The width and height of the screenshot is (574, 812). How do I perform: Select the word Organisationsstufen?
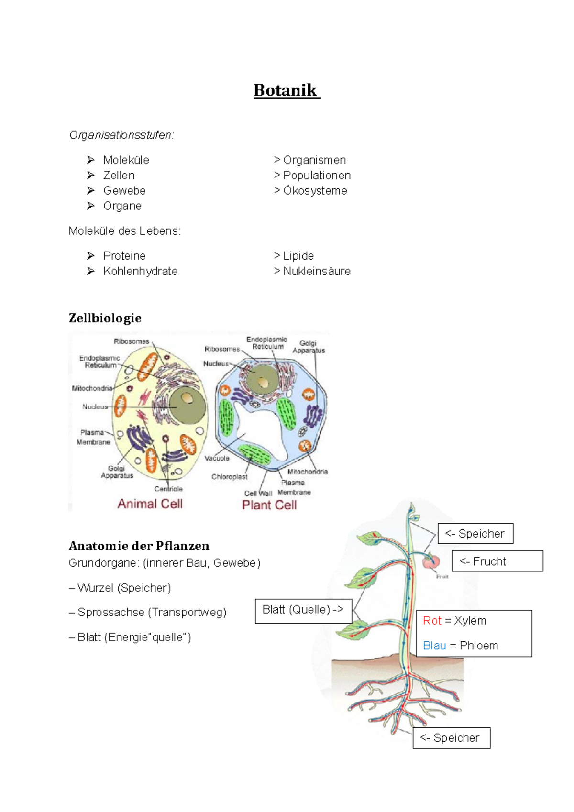(121, 135)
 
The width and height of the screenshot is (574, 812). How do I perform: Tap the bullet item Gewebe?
(124, 190)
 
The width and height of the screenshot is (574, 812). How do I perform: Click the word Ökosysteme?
(315, 190)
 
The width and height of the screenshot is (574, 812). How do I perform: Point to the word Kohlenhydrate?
(140, 271)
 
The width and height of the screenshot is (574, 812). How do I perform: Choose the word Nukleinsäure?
(317, 271)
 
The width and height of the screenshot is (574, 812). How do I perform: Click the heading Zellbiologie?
(105, 318)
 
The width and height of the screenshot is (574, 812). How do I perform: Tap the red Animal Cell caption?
(150, 504)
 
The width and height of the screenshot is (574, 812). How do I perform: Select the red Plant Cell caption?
(269, 505)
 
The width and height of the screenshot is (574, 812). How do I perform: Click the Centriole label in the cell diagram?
(168, 489)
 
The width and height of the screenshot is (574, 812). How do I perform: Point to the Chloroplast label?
(230, 477)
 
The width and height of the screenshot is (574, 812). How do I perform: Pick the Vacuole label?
(217, 458)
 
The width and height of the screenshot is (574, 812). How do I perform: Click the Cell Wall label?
(258, 494)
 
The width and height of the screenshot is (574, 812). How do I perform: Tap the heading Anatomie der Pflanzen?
(139, 546)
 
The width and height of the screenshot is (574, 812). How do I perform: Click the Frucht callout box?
(497, 561)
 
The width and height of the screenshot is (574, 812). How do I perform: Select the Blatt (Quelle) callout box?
(303, 611)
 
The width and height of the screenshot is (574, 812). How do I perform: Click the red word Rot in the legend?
(432, 620)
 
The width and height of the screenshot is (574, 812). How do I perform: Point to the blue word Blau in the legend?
(434, 645)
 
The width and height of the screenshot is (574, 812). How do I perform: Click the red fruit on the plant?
(431, 562)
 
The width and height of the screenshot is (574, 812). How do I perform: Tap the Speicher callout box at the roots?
(452, 738)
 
